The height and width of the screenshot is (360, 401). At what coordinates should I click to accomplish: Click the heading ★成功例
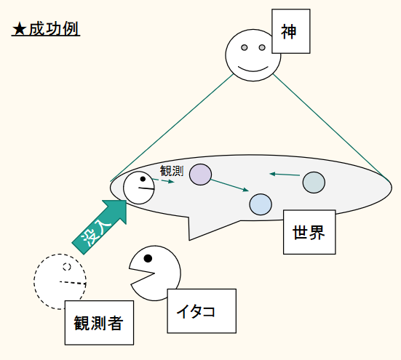[x=46, y=29]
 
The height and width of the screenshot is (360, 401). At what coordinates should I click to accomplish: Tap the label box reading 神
[x=291, y=31]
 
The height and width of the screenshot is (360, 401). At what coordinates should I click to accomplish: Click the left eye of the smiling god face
[x=245, y=47]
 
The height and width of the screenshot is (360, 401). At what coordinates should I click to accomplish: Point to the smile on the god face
[x=253, y=69]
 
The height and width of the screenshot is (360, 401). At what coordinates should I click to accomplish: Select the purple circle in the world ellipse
[x=201, y=175]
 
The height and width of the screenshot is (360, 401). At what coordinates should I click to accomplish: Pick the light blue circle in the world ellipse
[x=261, y=204]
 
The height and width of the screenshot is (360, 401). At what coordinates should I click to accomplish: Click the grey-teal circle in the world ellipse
[x=314, y=183]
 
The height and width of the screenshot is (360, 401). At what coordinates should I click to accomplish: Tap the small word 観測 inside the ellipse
[x=172, y=171]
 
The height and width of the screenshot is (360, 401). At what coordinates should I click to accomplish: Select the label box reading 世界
[x=309, y=232]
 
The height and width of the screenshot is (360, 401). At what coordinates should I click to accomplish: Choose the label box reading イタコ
[x=202, y=311]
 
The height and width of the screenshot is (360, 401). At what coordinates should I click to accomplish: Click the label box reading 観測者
[x=99, y=323]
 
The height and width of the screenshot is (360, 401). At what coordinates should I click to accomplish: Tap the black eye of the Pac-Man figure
[x=148, y=258]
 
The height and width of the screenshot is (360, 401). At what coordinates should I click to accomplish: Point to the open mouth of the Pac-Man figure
[x=143, y=276]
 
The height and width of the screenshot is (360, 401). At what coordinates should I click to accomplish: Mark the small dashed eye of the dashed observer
[x=67, y=266]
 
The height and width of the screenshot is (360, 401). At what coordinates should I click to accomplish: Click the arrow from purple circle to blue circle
[x=230, y=185]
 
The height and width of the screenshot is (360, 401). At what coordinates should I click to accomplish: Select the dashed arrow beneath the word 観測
[x=164, y=181]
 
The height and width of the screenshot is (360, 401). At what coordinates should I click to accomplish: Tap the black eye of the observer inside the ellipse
[x=143, y=179]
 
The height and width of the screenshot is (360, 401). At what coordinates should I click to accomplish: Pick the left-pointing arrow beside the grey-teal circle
[x=285, y=175]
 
